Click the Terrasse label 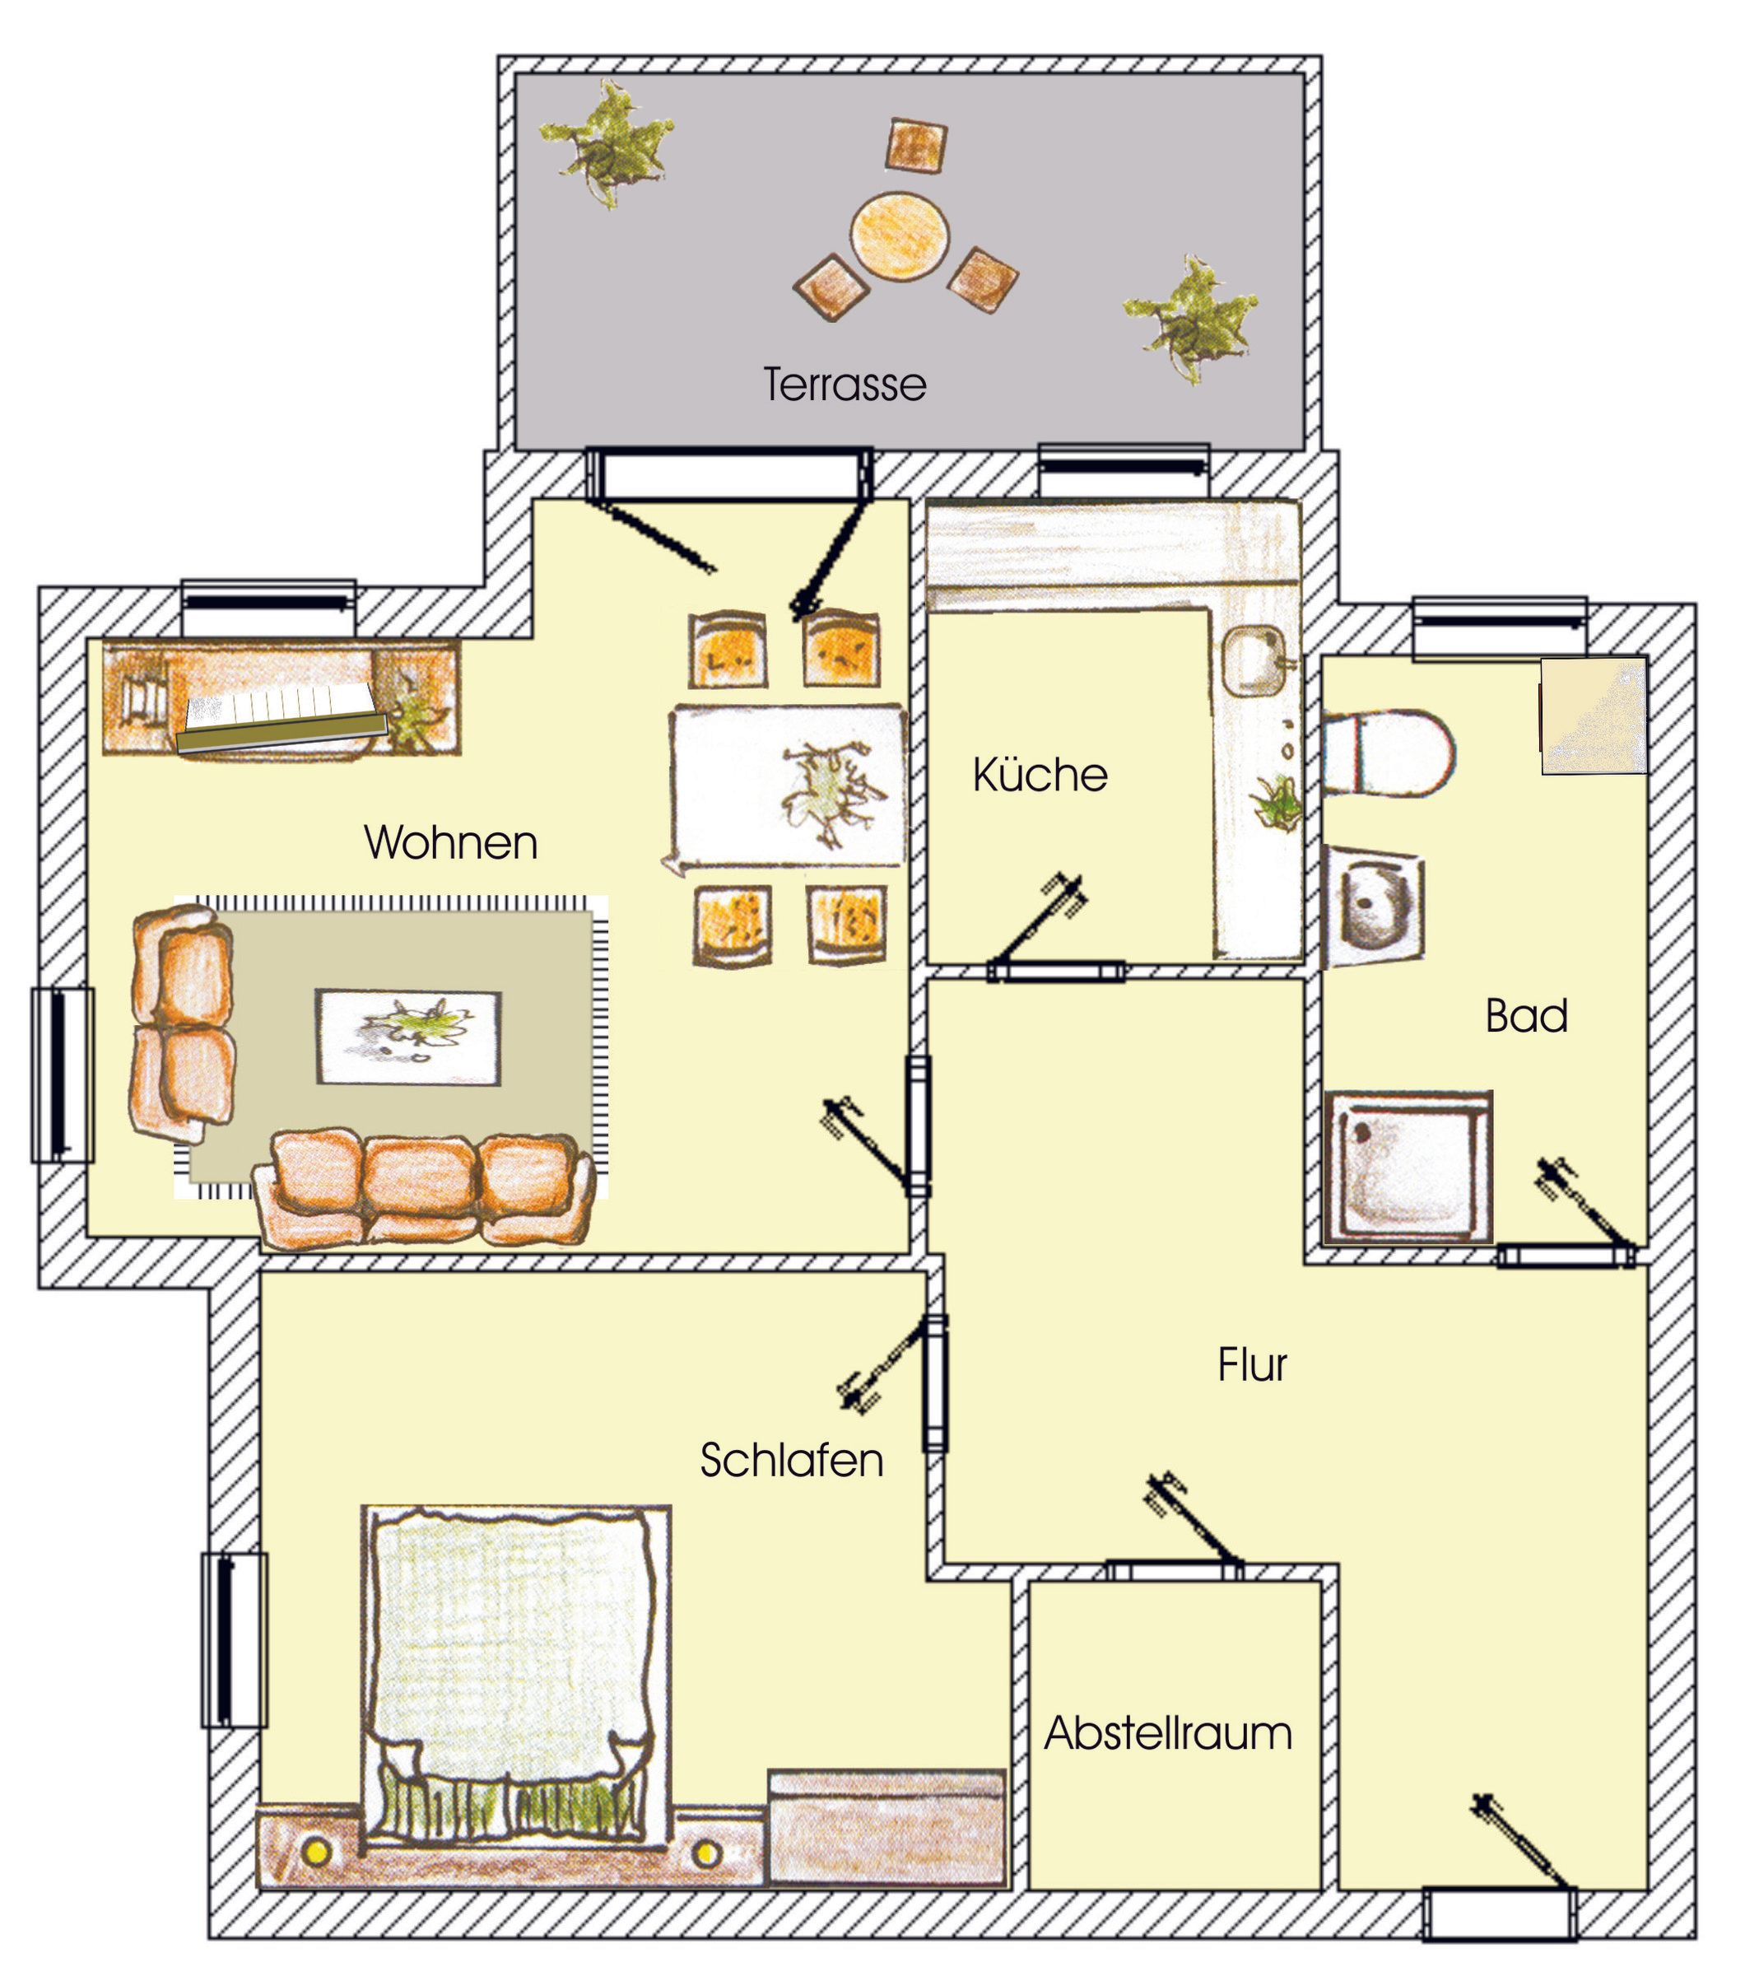click(x=845, y=385)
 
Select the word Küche click(x=1040, y=775)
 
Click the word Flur click(x=1252, y=1364)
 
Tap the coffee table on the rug click(x=409, y=1037)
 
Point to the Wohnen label click(x=450, y=842)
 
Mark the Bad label click(x=1526, y=1016)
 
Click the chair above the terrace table click(x=915, y=146)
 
